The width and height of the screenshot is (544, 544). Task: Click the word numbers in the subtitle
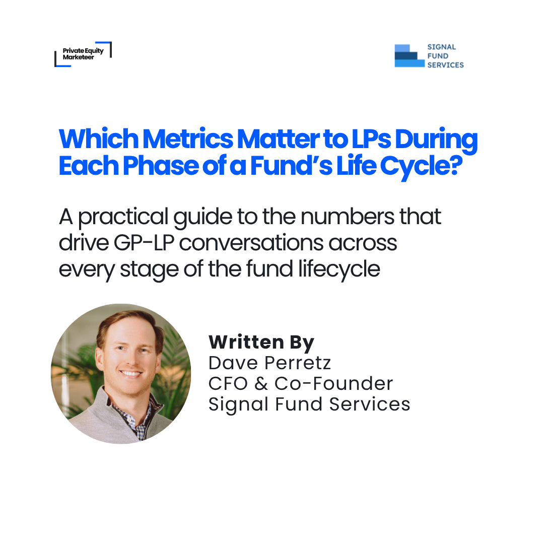(341, 217)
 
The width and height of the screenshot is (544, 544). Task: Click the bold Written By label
(261, 343)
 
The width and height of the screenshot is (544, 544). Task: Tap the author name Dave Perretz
(270, 363)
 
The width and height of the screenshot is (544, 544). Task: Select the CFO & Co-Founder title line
(301, 383)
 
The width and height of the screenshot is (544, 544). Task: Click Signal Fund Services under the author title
(309, 404)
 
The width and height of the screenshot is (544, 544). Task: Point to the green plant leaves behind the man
(174, 363)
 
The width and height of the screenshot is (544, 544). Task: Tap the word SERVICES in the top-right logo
(445, 65)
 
